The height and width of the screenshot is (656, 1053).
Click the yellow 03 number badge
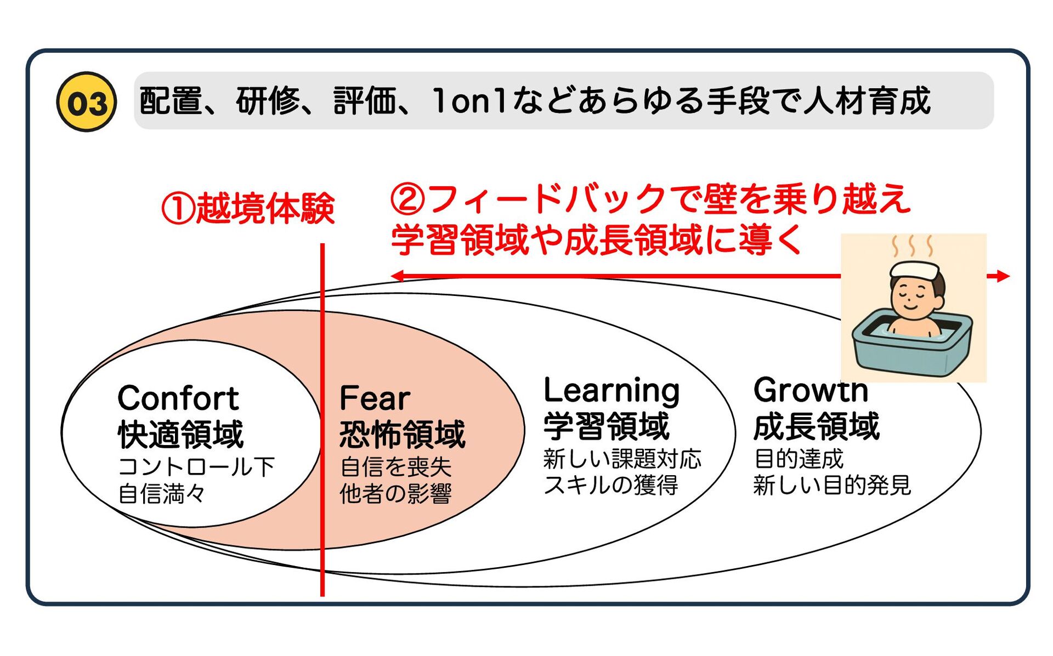pyautogui.click(x=86, y=102)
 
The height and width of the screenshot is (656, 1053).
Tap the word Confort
pyautogui.click(x=178, y=398)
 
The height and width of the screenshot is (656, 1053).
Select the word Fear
pyautogui.click(x=375, y=398)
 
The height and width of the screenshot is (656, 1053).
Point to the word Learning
pyautogui.click(x=612, y=391)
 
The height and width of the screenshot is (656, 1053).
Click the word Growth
pyautogui.click(x=811, y=390)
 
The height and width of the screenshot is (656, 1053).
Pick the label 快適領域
pyautogui.click(x=180, y=435)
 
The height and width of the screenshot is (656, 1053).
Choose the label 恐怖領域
pyautogui.click(x=402, y=435)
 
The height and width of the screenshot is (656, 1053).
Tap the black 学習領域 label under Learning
pyautogui.click(x=607, y=426)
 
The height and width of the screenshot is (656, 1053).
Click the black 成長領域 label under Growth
pyautogui.click(x=816, y=426)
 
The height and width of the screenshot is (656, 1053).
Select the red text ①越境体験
pyautogui.click(x=248, y=209)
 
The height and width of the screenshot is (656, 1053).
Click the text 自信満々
pyautogui.click(x=162, y=493)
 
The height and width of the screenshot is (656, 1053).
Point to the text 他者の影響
pyautogui.click(x=395, y=493)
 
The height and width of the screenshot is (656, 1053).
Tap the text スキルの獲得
pyautogui.click(x=611, y=485)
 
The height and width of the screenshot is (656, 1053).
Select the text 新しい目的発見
pyautogui.click(x=832, y=486)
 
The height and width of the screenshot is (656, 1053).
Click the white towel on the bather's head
pyautogui.click(x=914, y=270)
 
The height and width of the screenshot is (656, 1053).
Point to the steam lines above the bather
pyautogui.click(x=913, y=246)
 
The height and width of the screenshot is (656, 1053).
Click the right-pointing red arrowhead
pyautogui.click(x=1003, y=276)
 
